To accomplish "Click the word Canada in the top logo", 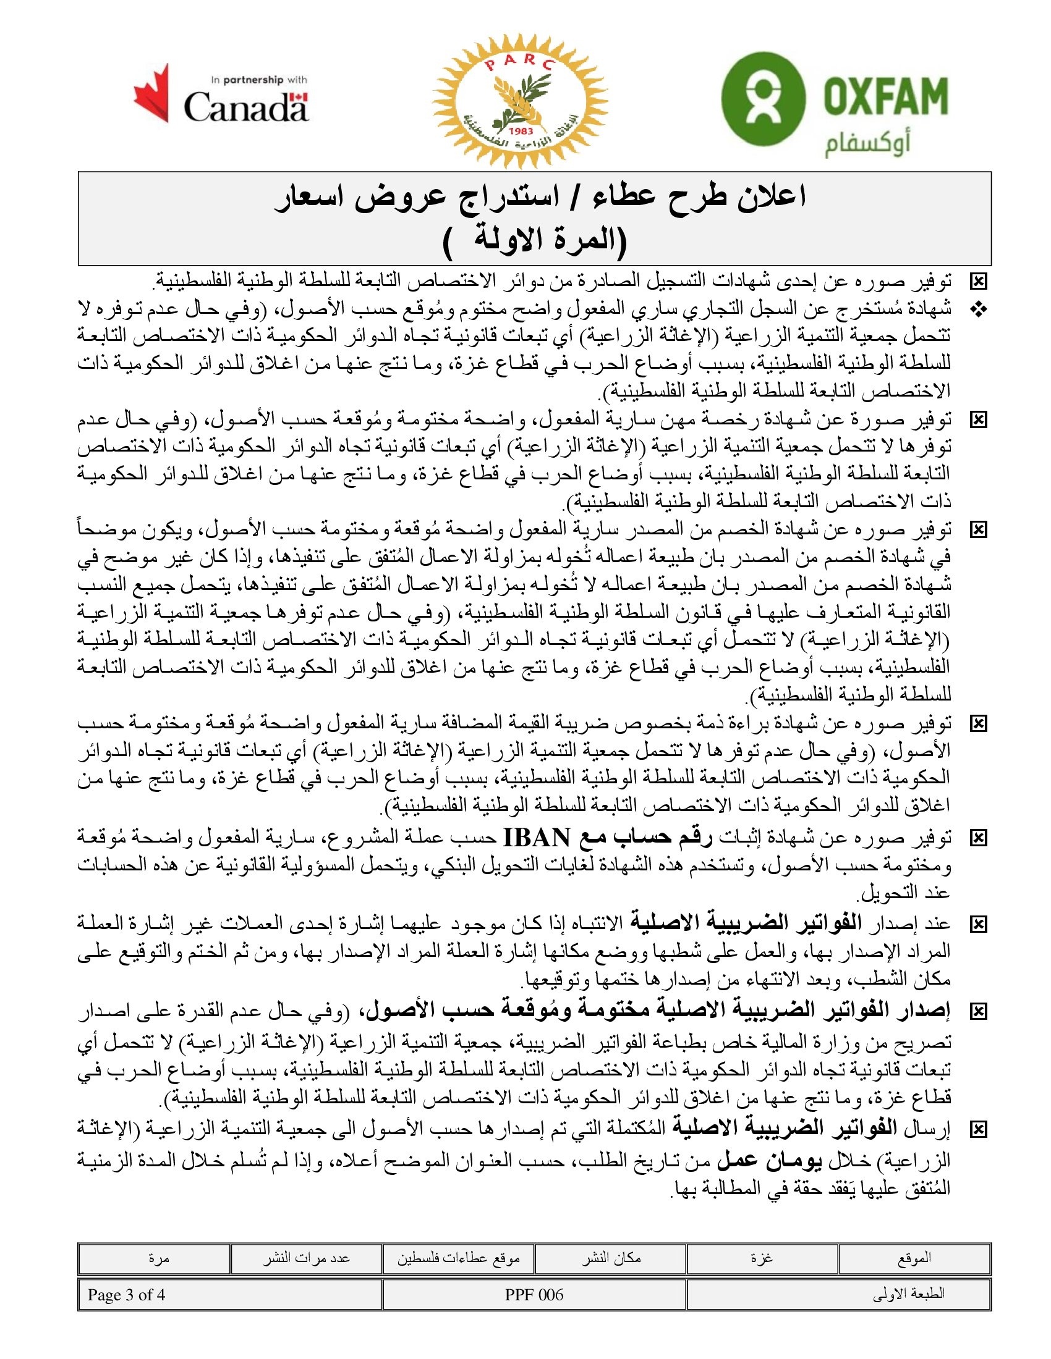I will (245, 107).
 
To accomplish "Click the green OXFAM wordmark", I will (885, 96).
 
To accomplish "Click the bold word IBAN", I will (536, 838).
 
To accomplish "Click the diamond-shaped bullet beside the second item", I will (978, 309).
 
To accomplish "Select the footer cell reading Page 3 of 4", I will (126, 1295).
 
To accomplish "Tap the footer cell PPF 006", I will (534, 1295).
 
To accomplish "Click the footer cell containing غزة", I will (762, 1258).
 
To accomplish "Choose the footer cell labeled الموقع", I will (914, 1258).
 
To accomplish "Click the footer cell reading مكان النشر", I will (611, 1258).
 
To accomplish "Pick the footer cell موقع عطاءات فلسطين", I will (458, 1258).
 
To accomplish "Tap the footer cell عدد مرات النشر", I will (305, 1258).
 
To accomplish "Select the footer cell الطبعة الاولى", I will (908, 1295).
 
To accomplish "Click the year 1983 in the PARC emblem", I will (521, 131).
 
